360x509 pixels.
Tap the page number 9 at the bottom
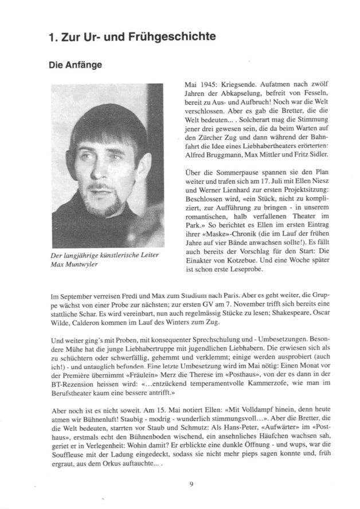[x=191, y=484]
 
